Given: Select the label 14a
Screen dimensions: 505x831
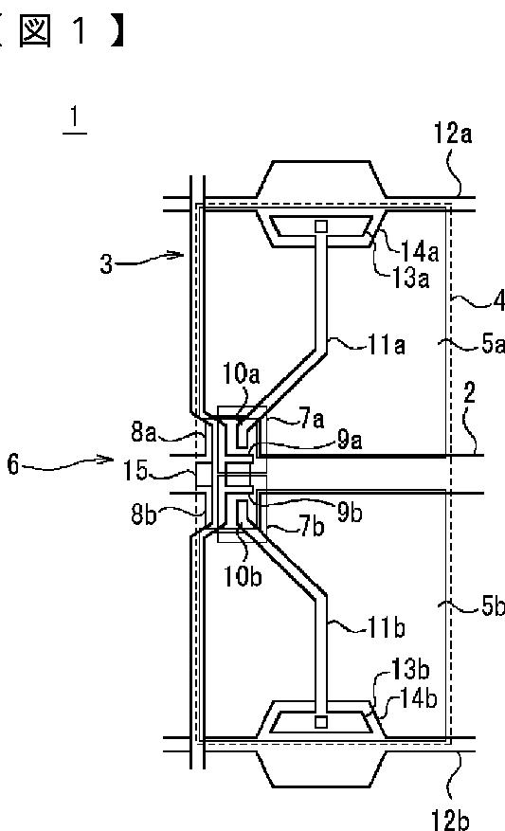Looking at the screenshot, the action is point(419,251).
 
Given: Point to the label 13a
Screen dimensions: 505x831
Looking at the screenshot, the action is point(410,278).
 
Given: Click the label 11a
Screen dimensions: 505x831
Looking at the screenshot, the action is point(387,345).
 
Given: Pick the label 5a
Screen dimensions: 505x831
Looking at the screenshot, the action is point(493,344).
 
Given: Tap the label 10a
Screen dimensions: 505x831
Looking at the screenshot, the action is point(241,373).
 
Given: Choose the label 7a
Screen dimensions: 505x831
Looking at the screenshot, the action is point(313,419).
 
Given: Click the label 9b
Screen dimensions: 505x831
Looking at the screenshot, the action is point(350,512).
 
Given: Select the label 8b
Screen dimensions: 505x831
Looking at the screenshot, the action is point(144,515).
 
